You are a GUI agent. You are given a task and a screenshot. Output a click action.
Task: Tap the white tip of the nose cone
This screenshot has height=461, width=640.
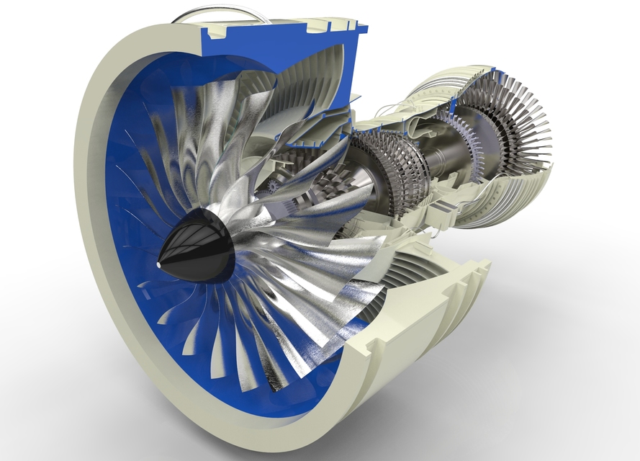pos(159,265)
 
